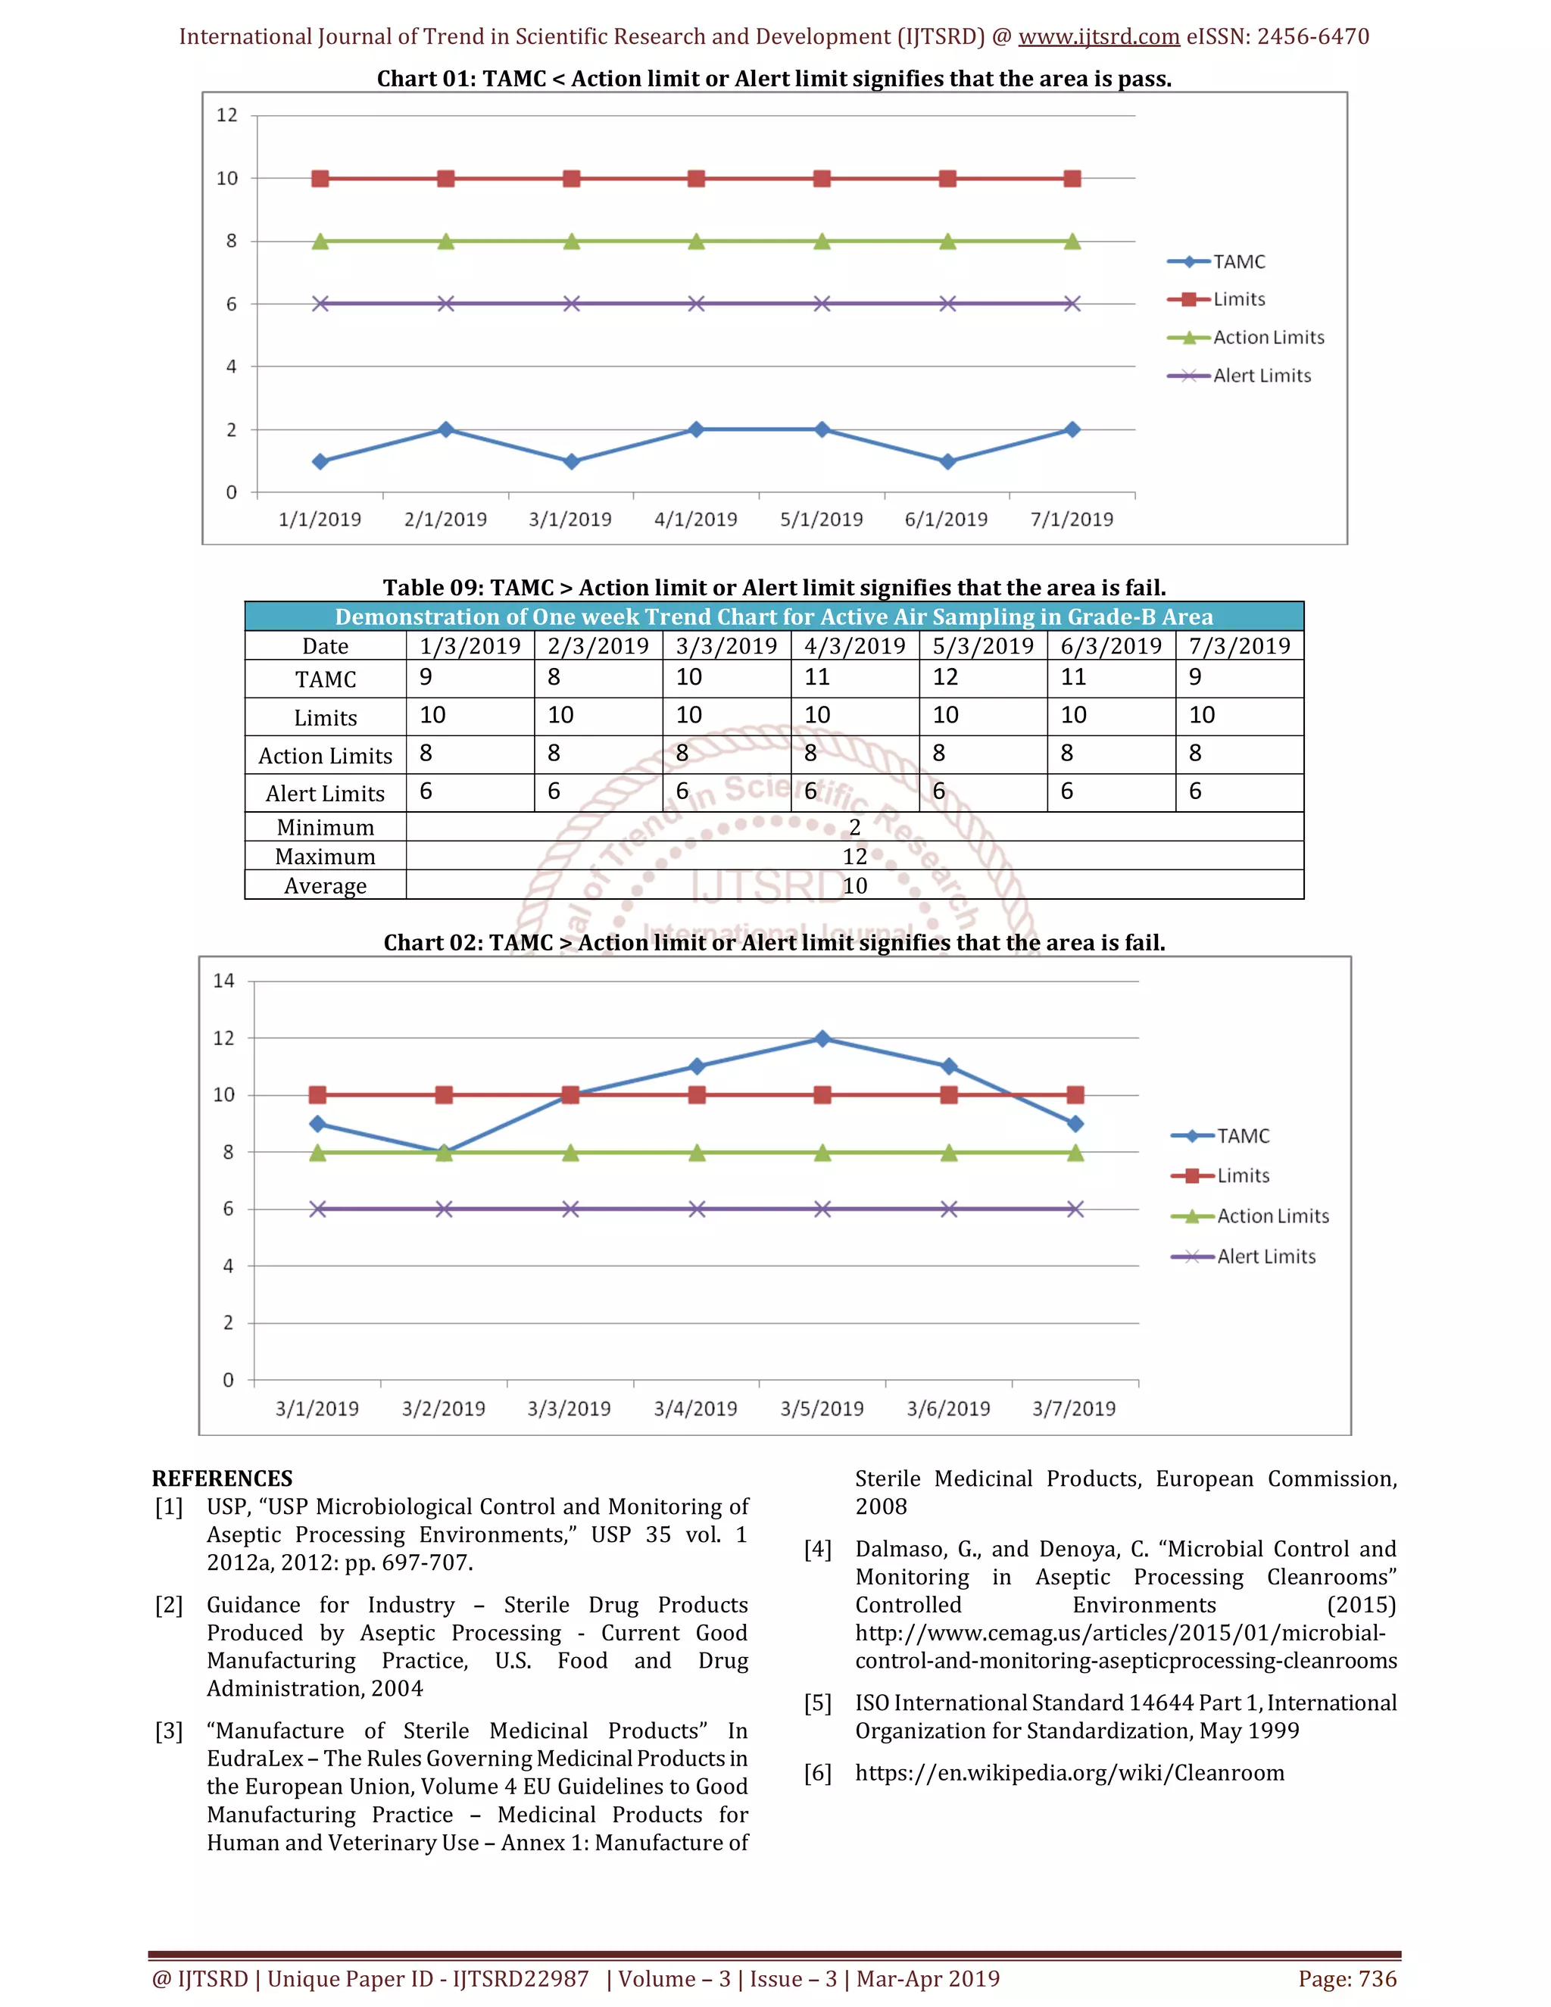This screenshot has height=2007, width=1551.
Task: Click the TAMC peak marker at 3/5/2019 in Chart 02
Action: [822, 1038]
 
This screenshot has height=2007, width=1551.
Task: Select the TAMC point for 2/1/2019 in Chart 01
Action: [445, 429]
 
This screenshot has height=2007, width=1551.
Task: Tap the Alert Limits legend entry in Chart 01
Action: [1261, 376]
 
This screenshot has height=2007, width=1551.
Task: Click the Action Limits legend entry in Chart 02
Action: [1272, 1216]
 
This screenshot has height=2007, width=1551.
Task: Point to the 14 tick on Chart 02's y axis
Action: [224, 981]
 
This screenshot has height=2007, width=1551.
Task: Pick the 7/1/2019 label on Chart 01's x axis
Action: [1072, 520]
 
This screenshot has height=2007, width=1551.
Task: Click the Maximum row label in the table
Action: [325, 857]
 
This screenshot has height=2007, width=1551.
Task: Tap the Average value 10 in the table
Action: [854, 886]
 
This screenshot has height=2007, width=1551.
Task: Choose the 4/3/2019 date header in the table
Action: [854, 646]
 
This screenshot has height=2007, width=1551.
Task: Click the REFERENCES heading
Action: [223, 1478]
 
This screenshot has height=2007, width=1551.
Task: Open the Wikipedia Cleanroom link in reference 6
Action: [1069, 1773]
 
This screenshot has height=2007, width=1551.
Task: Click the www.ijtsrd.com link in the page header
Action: [1099, 37]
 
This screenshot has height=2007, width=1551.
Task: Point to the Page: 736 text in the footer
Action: [1347, 1978]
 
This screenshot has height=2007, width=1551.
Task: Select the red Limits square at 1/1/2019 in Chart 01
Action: [320, 178]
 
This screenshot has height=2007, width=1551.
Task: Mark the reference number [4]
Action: [818, 1550]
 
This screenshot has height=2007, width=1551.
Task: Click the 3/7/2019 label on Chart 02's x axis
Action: [1073, 1409]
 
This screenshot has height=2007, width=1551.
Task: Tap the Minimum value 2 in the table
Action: [854, 827]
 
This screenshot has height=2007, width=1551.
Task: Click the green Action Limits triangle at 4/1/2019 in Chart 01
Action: [697, 242]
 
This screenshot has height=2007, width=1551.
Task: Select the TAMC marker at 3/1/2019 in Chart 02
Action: [318, 1124]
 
